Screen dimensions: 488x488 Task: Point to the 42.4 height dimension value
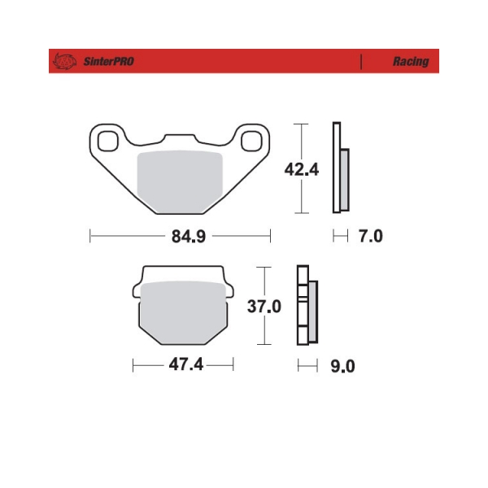(x=300, y=169)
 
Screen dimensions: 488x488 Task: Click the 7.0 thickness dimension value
(x=370, y=237)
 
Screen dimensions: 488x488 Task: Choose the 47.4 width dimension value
(x=185, y=365)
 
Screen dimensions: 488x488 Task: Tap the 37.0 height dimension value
(x=265, y=307)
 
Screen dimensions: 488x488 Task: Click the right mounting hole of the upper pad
(x=252, y=139)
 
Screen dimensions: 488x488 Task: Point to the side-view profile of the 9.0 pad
(x=307, y=307)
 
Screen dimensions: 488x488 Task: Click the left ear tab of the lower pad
(x=136, y=289)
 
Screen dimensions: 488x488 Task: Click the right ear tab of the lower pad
(x=230, y=289)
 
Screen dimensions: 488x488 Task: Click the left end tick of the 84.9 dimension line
(x=89, y=237)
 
